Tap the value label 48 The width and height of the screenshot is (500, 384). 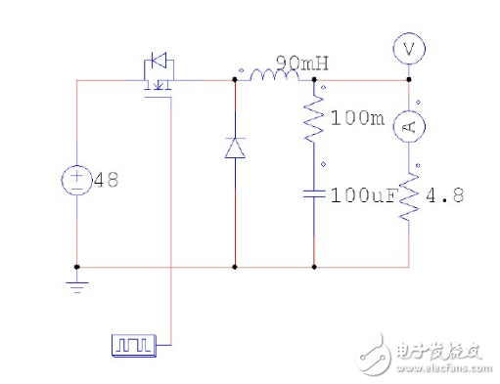click(x=105, y=181)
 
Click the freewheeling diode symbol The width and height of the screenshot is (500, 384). click(x=235, y=148)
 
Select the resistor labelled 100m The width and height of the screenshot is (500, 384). click(x=314, y=120)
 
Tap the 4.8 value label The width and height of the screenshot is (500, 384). click(x=444, y=195)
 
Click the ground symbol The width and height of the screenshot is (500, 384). click(x=76, y=284)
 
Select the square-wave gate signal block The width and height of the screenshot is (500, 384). click(x=129, y=344)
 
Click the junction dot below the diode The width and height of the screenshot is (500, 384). click(x=235, y=266)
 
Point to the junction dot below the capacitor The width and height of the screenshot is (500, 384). click(x=314, y=266)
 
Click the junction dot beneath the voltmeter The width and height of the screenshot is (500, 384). click(x=409, y=80)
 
